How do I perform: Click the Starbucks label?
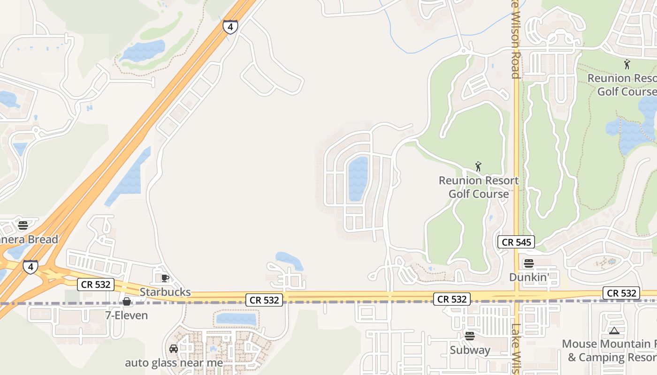pos(165,292)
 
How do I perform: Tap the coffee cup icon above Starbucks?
pos(165,278)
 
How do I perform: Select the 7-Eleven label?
pos(127,315)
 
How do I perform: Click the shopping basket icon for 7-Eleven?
pos(127,301)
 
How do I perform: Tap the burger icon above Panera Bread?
pos(23,225)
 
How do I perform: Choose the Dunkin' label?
pos(529,277)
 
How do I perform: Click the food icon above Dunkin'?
pos(529,263)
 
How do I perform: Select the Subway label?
pos(470,350)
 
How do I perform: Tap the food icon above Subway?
pos(470,336)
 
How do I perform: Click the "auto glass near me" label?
pos(174,363)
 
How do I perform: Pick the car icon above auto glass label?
pos(174,349)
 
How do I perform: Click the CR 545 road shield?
pos(516,242)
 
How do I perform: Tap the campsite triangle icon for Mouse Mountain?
pos(614,330)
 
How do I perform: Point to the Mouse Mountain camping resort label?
pos(610,351)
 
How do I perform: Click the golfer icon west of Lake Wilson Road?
pos(478,166)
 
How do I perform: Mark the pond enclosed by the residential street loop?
pos(358,178)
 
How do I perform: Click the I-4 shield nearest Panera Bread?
pos(31,267)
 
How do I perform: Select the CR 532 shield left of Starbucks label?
pos(96,284)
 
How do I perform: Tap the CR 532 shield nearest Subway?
pos(452,299)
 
